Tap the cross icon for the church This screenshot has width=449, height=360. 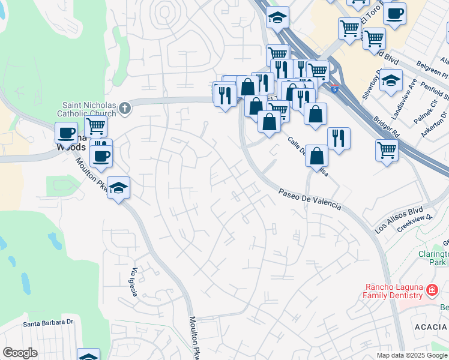coord(125,108)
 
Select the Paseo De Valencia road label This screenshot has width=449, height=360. coord(310,199)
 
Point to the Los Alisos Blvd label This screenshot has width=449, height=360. coord(399,221)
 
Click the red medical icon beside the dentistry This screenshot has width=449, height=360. coord(431,291)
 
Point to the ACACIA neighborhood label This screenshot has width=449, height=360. coord(430,326)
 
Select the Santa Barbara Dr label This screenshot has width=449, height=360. coord(48,323)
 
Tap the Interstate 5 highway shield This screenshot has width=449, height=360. coord(334,89)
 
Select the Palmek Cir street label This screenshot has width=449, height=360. coord(426,110)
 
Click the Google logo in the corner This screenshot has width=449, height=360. coord(20,353)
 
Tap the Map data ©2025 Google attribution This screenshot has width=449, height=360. coord(411,355)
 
